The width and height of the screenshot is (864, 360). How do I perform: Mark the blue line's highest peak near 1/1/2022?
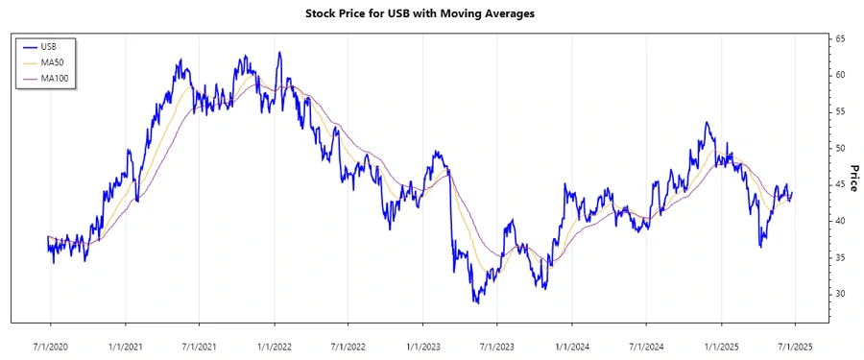click(279, 53)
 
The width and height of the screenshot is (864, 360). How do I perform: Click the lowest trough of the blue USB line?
click(476, 302)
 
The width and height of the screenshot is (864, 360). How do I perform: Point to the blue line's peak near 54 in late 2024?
click(706, 123)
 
